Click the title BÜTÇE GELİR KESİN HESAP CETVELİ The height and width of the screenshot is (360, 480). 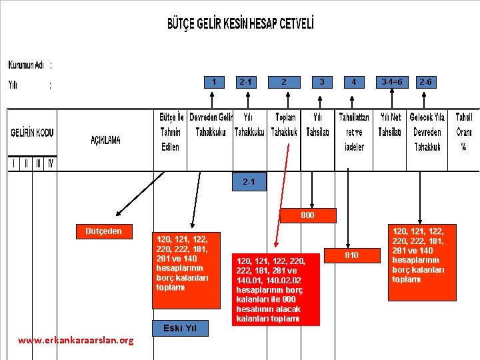[x=240, y=23]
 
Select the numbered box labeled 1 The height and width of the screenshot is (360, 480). [x=213, y=82]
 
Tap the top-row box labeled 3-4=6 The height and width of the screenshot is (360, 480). [x=391, y=82]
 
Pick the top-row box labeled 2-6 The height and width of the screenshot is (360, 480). [x=425, y=82]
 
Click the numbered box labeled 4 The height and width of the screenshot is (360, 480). [x=354, y=82]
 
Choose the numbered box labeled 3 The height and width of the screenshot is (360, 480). [x=322, y=82]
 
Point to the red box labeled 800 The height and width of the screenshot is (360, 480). [x=307, y=215]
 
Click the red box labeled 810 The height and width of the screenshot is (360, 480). [x=351, y=255]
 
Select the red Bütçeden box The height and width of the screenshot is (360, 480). [x=103, y=231]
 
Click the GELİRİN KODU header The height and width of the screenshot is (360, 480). [x=32, y=133]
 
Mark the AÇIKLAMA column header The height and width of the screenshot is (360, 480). [x=106, y=140]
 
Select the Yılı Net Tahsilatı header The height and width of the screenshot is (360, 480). [x=389, y=125]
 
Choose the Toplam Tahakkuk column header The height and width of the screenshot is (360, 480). [x=285, y=125]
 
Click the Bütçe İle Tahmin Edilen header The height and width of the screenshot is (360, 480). [x=170, y=132]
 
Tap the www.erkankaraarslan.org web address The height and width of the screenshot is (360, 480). [x=75, y=340]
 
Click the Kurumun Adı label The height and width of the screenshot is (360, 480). [x=27, y=65]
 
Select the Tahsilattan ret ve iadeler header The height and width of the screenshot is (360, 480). [x=354, y=132]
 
